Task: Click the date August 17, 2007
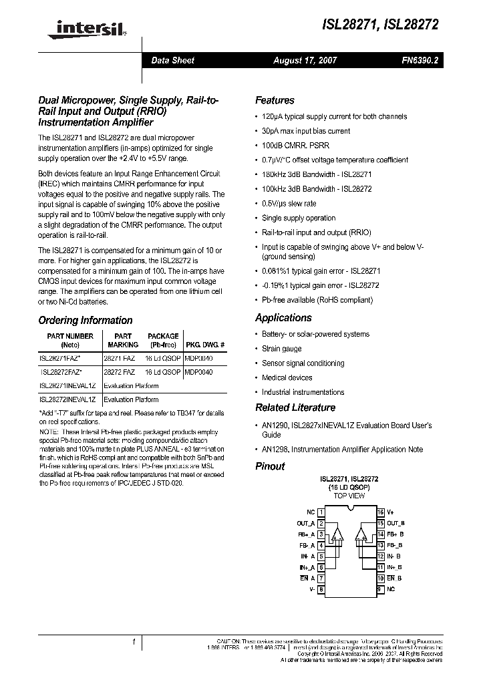click(x=305, y=60)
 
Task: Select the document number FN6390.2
click(x=420, y=60)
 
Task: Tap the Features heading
click(x=275, y=100)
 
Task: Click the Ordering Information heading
click(x=85, y=320)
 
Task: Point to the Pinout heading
click(x=270, y=466)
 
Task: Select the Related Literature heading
click(x=295, y=407)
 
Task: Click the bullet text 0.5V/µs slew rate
click(x=289, y=203)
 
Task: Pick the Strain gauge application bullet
click(x=281, y=349)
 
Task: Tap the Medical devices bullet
click(x=287, y=377)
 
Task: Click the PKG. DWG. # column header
click(x=204, y=345)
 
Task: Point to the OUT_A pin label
click(x=305, y=524)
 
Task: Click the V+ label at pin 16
click(x=390, y=512)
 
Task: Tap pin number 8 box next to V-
click(x=321, y=589)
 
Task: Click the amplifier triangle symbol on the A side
click(x=337, y=534)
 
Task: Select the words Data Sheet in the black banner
click(x=172, y=60)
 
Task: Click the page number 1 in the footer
click(x=134, y=643)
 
